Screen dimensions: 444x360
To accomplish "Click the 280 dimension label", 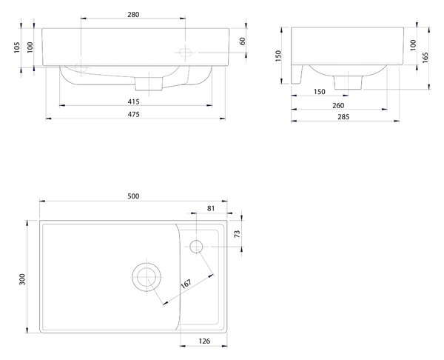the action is (x=133, y=15).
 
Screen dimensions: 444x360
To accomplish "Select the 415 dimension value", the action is (x=133, y=101).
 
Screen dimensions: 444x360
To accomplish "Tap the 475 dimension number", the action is (x=133, y=114).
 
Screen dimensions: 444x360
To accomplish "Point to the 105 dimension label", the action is (x=17, y=47).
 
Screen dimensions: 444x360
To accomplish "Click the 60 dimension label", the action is (x=243, y=41).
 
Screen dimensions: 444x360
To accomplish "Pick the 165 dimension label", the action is (x=425, y=58).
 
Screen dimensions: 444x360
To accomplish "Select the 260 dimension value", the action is (x=338, y=106).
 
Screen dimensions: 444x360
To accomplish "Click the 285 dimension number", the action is (x=343, y=117).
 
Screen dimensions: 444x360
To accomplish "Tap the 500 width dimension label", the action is (x=133, y=196).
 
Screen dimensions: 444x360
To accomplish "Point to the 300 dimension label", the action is (x=22, y=279).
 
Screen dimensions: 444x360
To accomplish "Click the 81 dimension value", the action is (x=211, y=209).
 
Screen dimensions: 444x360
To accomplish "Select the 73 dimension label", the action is (x=237, y=234).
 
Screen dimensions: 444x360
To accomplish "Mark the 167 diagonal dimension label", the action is (x=186, y=284).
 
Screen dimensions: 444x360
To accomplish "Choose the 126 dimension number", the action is (x=204, y=341).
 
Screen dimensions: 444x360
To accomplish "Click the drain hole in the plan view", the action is (x=147, y=277).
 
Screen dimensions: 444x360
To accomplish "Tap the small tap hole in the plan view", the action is (x=196, y=247).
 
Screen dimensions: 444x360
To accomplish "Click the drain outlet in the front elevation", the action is (x=149, y=84).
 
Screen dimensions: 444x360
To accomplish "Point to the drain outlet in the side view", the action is (x=349, y=82).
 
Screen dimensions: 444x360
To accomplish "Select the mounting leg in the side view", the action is (x=297, y=74).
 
